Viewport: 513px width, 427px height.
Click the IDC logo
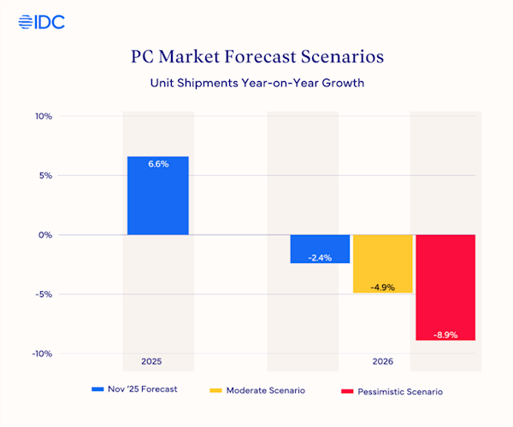coord(41,22)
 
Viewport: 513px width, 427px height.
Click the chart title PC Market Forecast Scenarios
coord(256,57)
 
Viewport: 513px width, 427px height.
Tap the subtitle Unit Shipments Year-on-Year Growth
coord(256,84)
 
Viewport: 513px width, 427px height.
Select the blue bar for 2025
coord(157,196)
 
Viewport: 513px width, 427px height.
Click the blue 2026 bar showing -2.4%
coord(320,249)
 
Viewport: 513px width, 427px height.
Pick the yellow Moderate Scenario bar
coord(382,264)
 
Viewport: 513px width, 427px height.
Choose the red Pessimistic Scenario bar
coord(445,287)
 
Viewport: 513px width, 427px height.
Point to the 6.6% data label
coord(157,164)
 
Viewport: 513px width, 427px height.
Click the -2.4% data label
coord(320,256)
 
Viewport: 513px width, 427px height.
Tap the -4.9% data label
coord(382,287)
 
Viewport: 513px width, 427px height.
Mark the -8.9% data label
coord(445,335)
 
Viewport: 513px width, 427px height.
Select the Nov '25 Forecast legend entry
coord(134,389)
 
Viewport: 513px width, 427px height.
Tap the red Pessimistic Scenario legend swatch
coord(346,389)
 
